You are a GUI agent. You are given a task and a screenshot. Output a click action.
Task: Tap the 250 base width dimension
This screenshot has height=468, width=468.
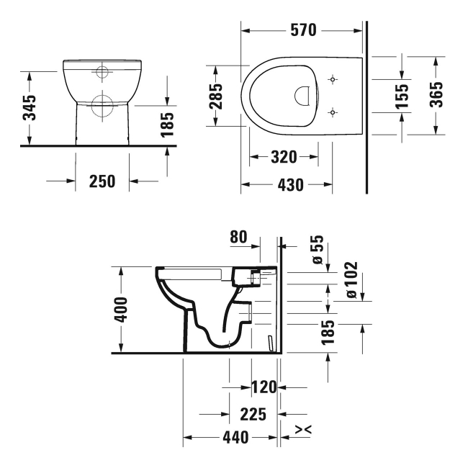pyautogui.click(x=103, y=181)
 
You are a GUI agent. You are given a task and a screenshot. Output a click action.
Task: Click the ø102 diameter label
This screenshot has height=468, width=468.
pyautogui.click(x=351, y=280)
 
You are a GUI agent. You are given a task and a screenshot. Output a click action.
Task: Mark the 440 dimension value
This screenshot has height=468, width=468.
pyautogui.click(x=235, y=437)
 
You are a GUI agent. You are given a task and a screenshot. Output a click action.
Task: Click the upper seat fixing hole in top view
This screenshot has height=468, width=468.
pyautogui.click(x=332, y=78)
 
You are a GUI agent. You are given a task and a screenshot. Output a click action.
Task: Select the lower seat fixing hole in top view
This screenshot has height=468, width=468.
pyautogui.click(x=332, y=112)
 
